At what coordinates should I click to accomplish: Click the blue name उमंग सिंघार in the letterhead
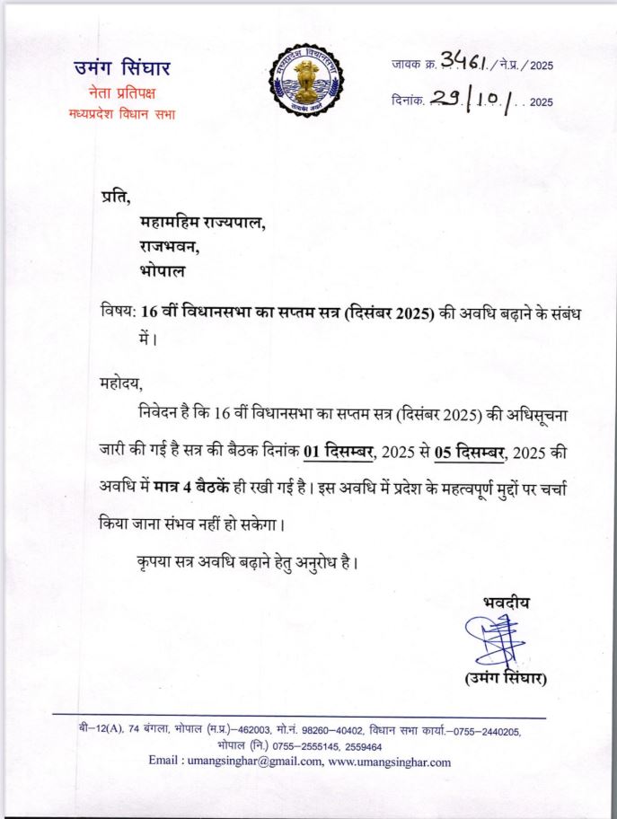121,69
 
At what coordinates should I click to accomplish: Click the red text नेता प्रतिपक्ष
121,92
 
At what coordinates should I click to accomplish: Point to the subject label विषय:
118,312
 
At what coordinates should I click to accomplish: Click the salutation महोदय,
121,383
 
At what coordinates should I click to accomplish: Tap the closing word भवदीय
506,603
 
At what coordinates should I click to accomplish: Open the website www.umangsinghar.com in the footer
390,762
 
